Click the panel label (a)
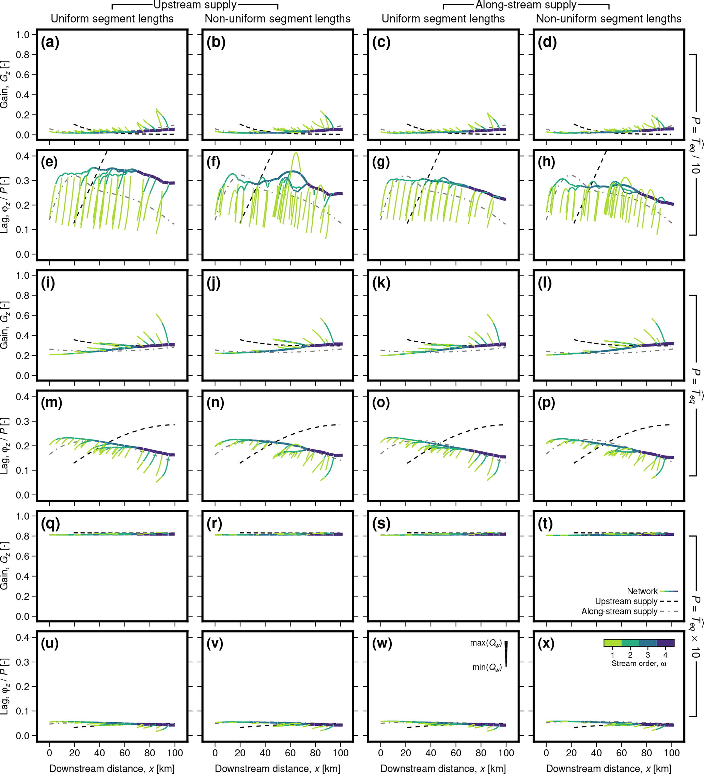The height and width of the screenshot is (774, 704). [x=50, y=42]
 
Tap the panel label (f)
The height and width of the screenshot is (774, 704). [x=213, y=162]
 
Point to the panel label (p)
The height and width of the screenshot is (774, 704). [x=546, y=403]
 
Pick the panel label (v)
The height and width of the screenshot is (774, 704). [x=215, y=643]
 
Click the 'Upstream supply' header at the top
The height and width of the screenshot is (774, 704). [x=195, y=5]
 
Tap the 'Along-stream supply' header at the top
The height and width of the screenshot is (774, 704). [x=526, y=5]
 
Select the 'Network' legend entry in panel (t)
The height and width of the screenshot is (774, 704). [x=642, y=591]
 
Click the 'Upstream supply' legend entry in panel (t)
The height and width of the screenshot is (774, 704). [x=626, y=601]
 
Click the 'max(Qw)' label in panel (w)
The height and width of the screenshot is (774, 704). [x=486, y=643]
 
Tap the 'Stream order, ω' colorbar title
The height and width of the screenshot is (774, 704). [x=639, y=663]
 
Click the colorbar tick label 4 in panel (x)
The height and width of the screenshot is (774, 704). [x=665, y=655]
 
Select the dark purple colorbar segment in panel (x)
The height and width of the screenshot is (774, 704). [x=665, y=643]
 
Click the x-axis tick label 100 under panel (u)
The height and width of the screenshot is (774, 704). [x=175, y=753]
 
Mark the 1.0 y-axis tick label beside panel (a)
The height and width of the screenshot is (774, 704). [x=23, y=35]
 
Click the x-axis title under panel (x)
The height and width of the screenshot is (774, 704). [x=608, y=768]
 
